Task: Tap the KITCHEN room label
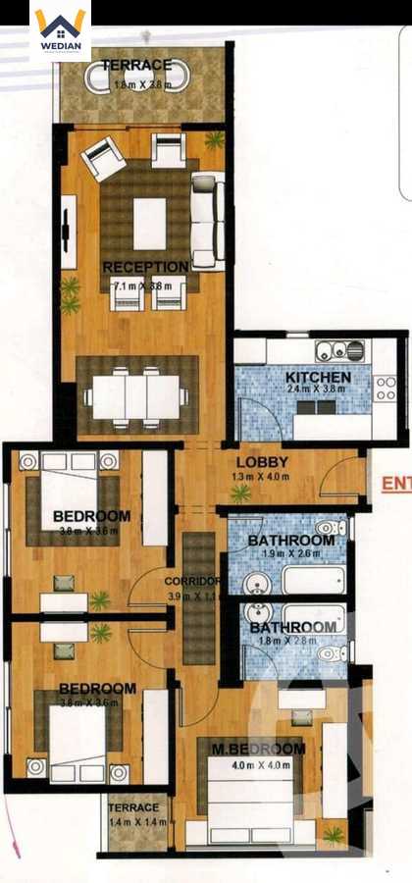point(318,377)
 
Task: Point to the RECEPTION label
point(145,267)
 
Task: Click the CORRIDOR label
point(191,580)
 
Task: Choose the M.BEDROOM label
point(258,750)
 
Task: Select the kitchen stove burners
point(385,389)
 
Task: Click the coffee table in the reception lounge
point(149,224)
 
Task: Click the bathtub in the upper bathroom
point(314,579)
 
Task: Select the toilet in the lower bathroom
point(330,652)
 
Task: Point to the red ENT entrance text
point(395,482)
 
